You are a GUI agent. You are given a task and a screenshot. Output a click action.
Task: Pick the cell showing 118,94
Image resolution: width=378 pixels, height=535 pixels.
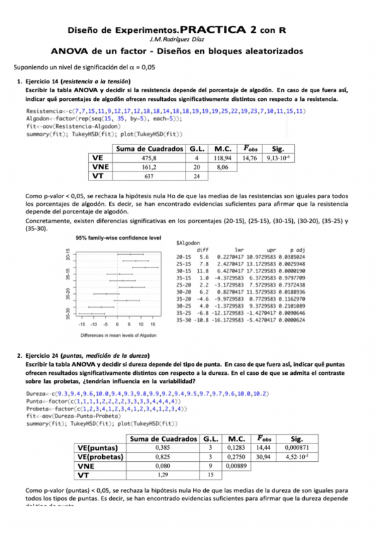coord(221,158)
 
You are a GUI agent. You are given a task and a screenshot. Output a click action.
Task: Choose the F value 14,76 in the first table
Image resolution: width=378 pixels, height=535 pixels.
coord(251,158)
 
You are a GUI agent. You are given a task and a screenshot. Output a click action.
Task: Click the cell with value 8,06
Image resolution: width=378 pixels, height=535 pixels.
coord(221,167)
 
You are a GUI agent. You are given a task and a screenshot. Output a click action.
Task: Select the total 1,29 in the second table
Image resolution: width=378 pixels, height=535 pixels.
coord(162,475)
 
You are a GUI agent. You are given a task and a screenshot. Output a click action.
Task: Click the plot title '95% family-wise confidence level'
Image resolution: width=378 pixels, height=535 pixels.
coord(119,238)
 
